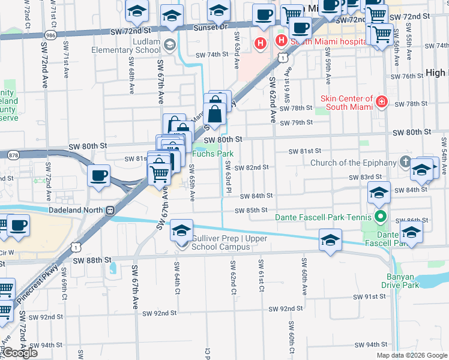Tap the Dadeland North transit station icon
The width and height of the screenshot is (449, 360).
(110, 211)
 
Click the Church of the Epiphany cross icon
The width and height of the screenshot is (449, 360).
(405, 163)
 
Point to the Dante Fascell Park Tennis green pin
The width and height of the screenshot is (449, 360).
(379, 217)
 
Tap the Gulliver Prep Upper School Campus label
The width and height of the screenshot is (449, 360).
(220, 242)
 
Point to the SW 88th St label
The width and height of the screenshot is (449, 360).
(92, 260)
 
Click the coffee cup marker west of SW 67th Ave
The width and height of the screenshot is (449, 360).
(98, 176)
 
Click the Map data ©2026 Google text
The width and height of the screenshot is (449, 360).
(412, 355)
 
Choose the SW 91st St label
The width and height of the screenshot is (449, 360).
(370, 296)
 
